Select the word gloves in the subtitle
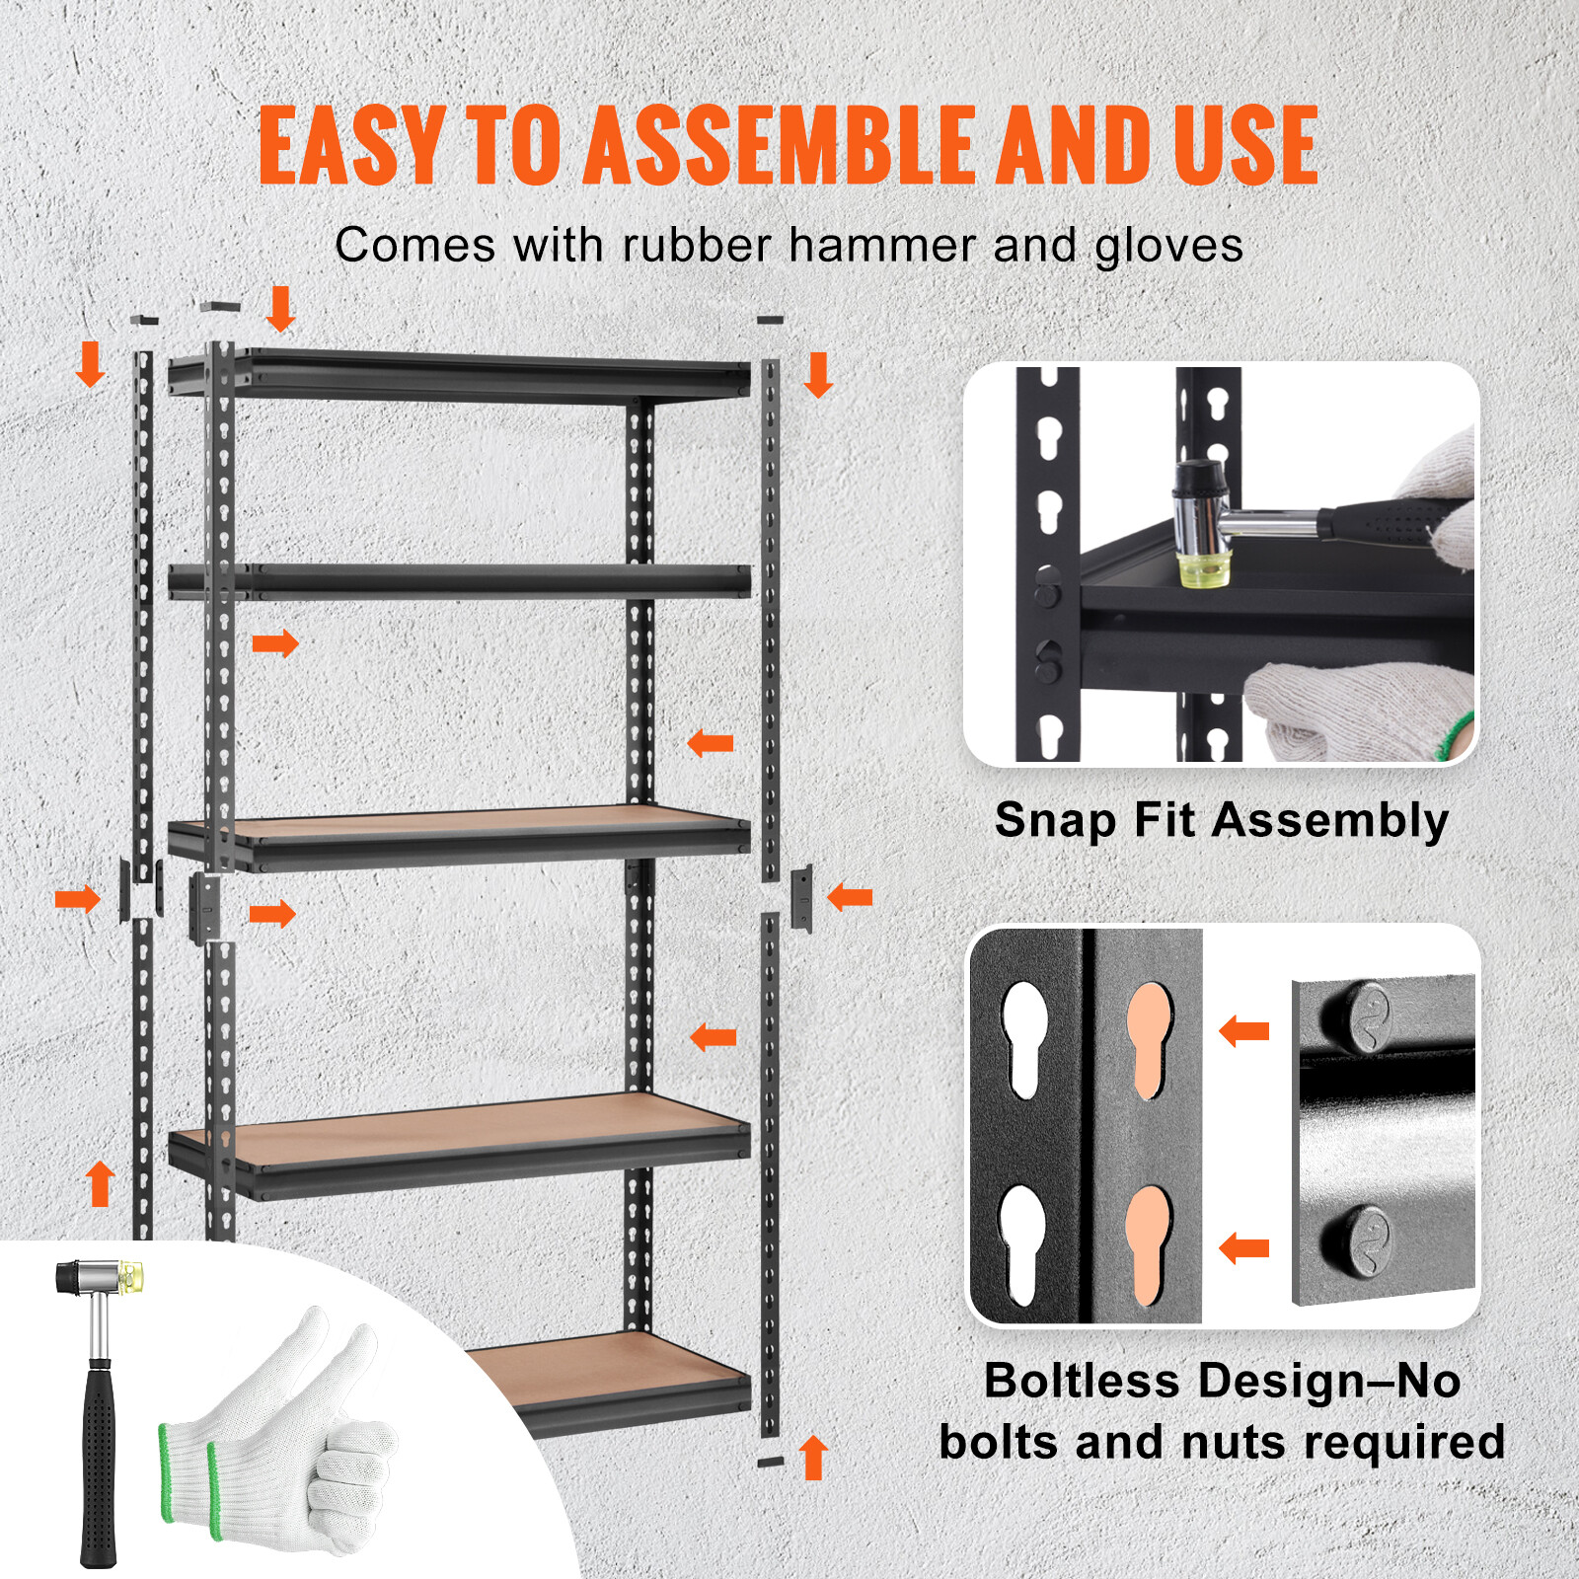coord(1168,246)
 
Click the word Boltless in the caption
coord(1081,1380)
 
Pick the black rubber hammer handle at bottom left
coord(98,1461)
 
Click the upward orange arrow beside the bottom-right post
coord(813,1457)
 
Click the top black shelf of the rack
coord(459,375)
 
